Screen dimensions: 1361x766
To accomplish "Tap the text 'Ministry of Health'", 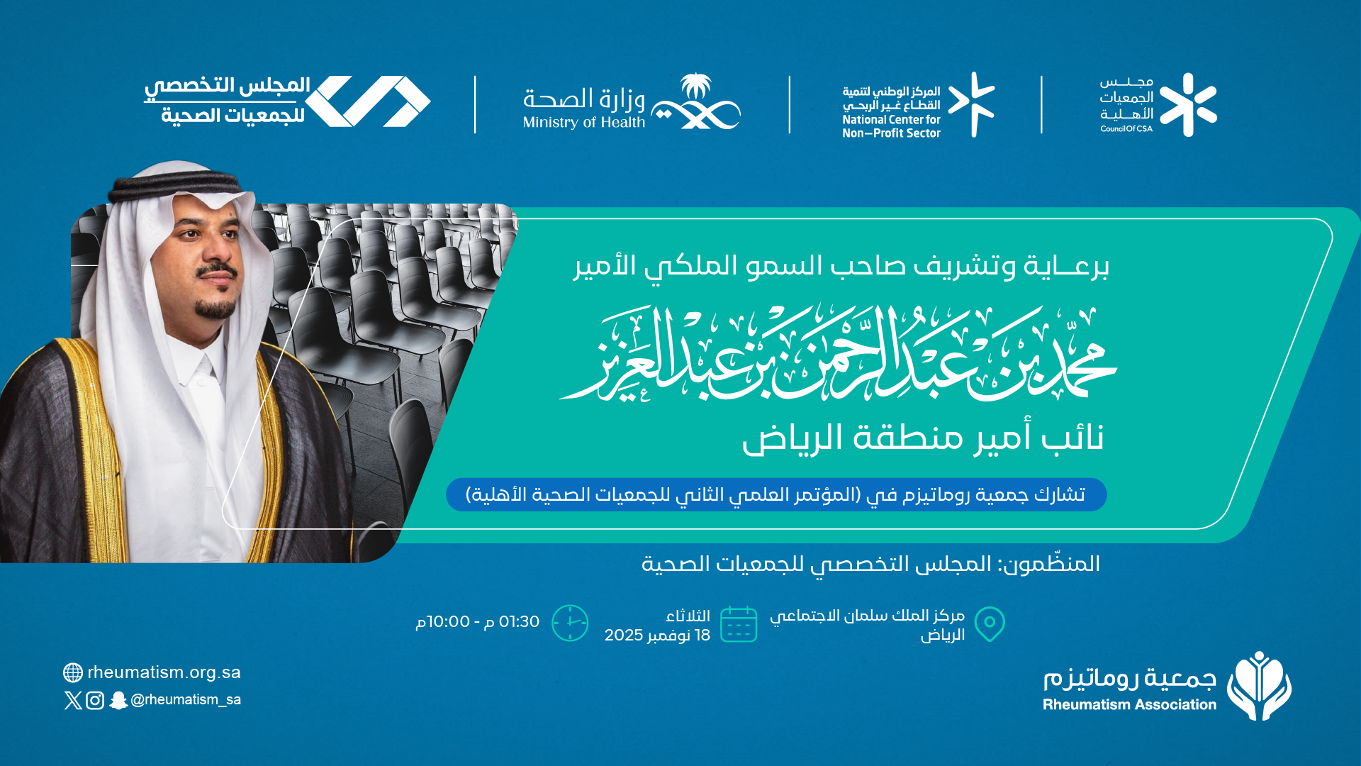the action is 584,123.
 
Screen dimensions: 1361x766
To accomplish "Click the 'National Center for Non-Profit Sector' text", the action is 891,126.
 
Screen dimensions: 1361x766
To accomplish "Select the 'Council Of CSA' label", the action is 1126,128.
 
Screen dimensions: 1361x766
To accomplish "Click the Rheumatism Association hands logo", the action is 1259,686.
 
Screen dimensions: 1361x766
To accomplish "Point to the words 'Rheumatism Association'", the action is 1129,704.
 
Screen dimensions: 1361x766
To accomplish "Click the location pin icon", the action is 990,624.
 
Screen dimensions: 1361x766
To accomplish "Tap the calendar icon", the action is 739,624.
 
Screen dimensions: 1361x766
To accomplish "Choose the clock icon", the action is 570,623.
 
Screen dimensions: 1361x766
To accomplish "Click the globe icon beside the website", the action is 73,672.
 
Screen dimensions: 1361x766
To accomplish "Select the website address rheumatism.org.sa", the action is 164,672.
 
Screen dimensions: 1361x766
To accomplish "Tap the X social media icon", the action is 73,701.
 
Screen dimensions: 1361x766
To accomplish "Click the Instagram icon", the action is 95,701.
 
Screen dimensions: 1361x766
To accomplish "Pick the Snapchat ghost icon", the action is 118,701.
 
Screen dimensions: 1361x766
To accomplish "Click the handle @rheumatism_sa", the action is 186,700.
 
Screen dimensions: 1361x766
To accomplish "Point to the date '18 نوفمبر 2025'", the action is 657,635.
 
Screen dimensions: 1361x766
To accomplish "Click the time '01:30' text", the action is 519,621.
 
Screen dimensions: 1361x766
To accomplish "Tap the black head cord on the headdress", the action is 174,184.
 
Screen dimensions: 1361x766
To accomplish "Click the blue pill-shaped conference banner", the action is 776,494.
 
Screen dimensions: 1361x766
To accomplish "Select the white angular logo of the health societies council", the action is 368,101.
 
